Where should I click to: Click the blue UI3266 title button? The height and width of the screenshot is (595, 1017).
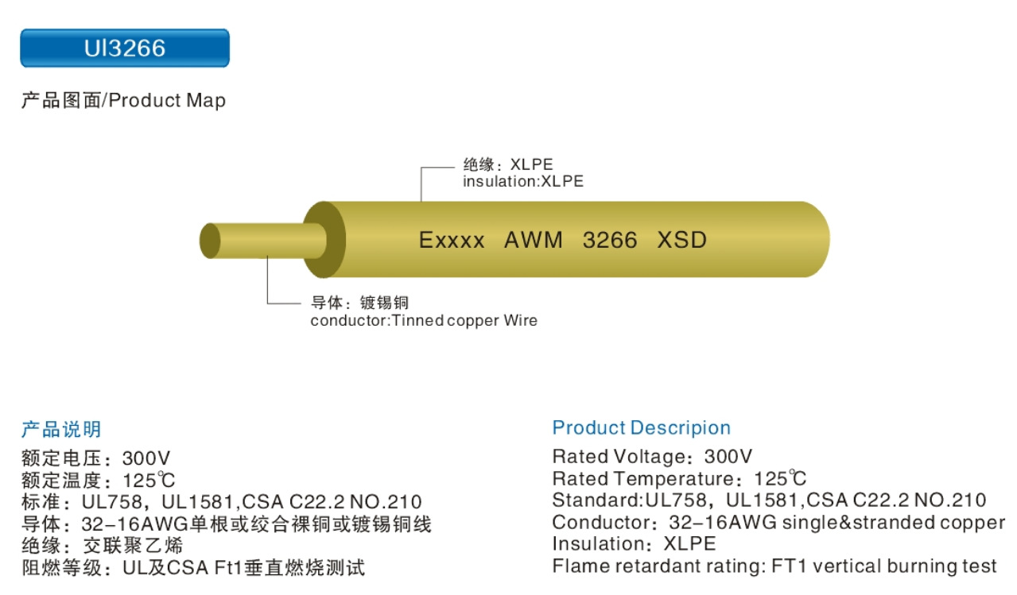125,48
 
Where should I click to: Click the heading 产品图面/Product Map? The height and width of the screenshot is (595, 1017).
123,101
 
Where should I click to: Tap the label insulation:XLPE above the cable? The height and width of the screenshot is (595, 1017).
523,181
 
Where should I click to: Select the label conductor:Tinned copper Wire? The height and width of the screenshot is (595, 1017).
424,321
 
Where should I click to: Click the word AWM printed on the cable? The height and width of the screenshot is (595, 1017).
534,240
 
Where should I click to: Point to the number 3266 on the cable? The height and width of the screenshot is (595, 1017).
610,240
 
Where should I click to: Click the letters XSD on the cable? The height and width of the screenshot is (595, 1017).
682,240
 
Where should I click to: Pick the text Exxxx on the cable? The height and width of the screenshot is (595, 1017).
452,240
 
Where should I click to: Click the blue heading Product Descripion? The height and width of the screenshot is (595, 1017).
641,428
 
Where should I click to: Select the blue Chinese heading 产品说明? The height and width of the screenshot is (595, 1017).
61,430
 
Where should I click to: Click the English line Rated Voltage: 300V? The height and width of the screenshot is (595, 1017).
652,457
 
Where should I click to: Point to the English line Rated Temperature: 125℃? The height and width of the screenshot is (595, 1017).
679,479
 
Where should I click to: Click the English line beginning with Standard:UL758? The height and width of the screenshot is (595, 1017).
769,500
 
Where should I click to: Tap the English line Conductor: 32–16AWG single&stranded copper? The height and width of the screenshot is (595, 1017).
778,523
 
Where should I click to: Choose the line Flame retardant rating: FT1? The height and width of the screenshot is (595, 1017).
774,566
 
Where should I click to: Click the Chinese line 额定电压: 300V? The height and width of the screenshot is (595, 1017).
95,458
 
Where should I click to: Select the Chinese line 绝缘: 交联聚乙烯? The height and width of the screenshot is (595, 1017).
102,546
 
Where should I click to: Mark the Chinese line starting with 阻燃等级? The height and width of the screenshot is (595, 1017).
192,568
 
